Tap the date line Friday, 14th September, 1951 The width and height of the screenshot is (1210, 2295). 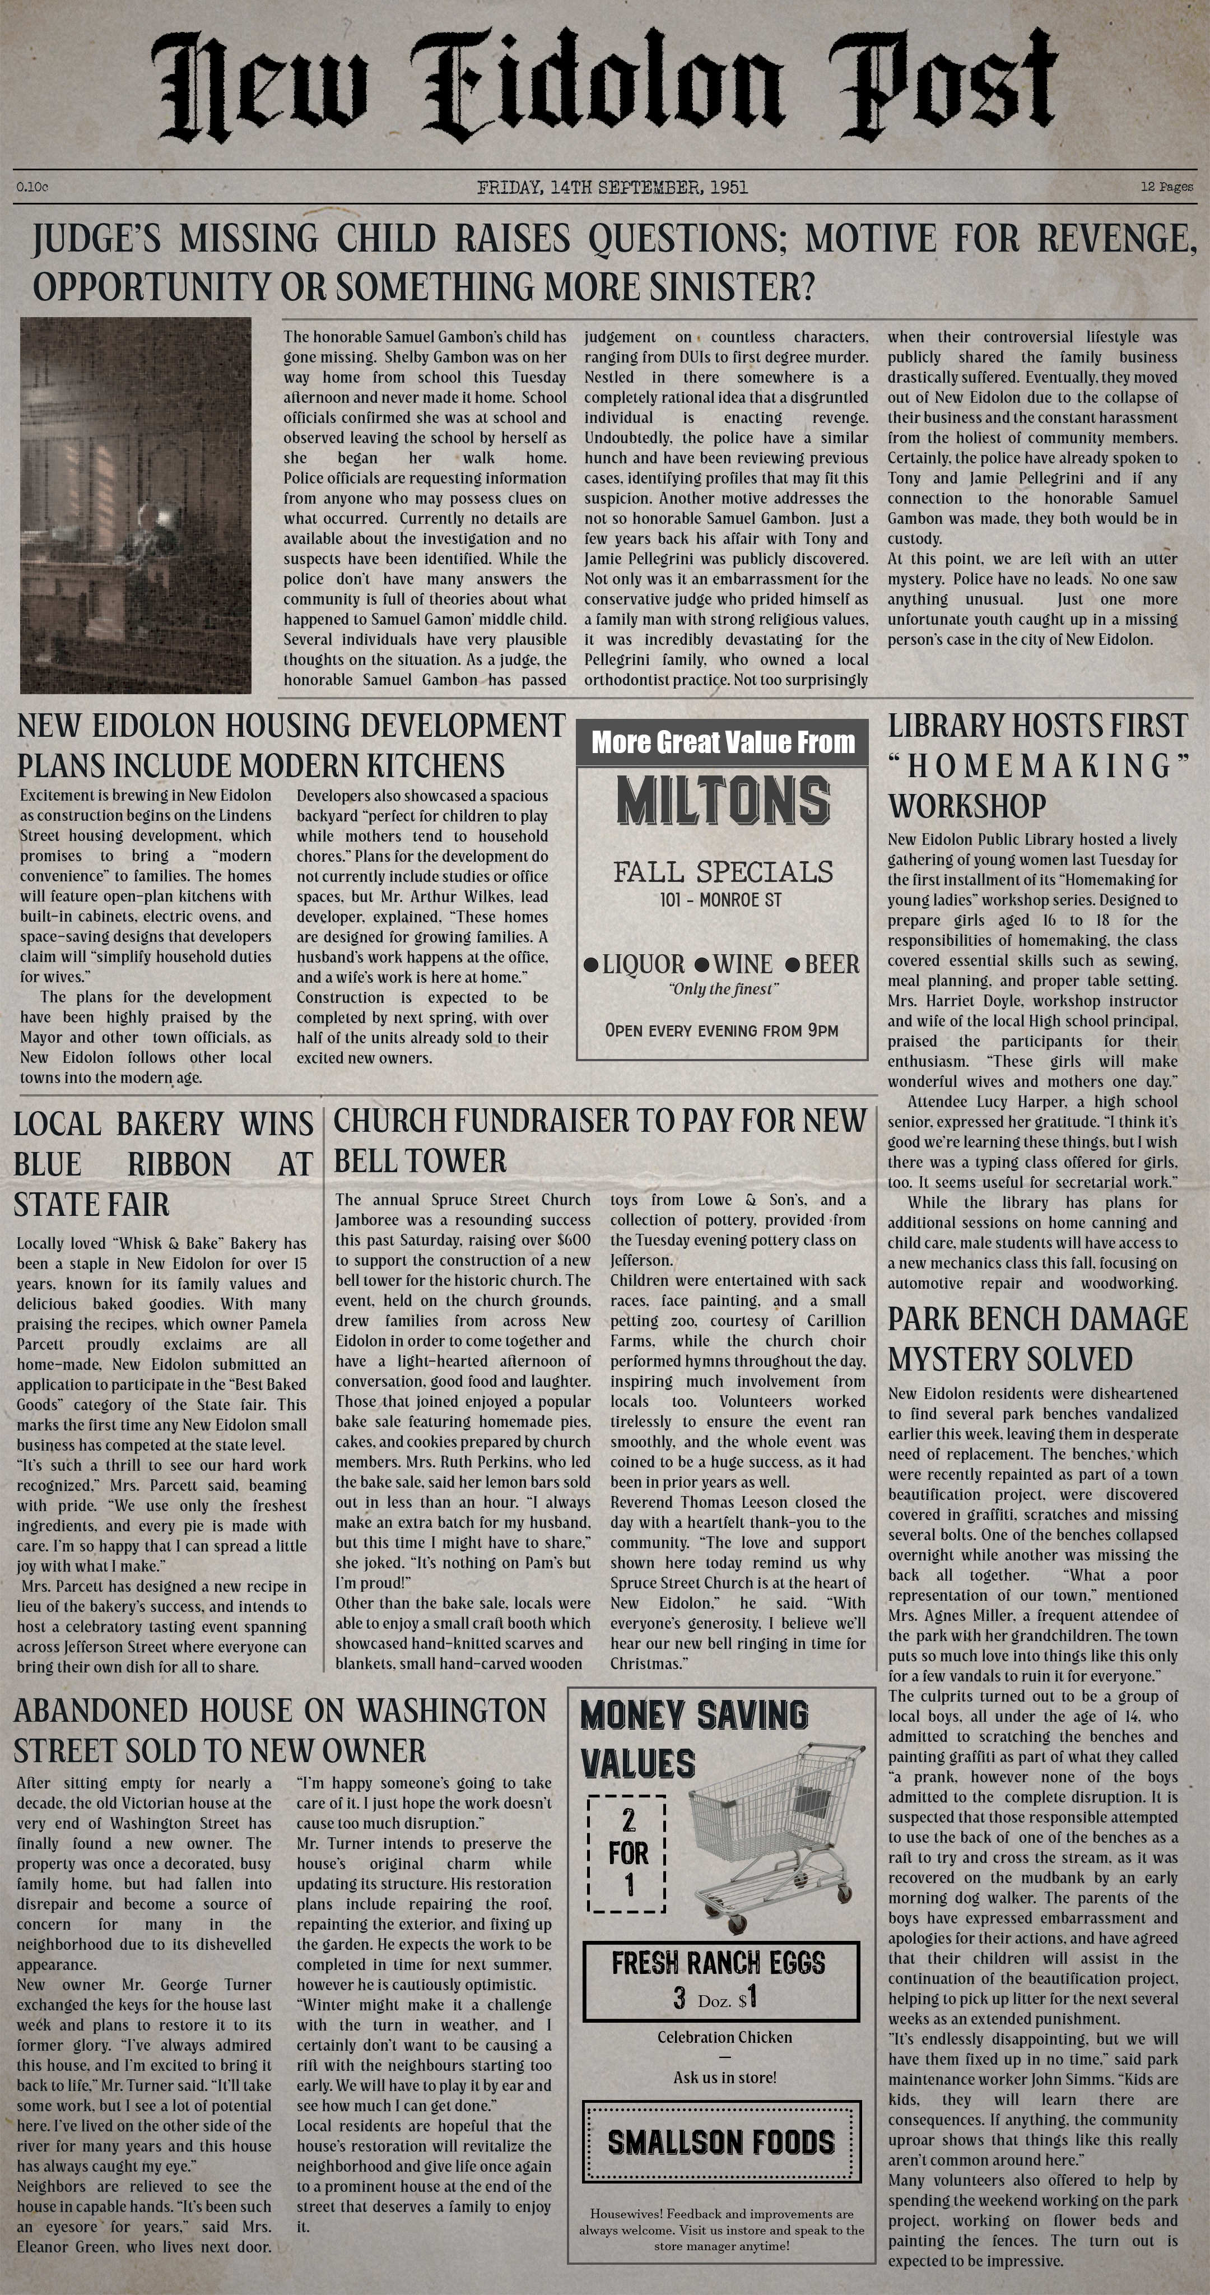612,187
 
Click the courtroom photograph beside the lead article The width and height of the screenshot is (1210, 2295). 136,505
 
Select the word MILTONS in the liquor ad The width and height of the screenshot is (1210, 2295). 723,801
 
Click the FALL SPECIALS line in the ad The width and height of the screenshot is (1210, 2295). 723,871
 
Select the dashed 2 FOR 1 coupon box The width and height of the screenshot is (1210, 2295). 628,1853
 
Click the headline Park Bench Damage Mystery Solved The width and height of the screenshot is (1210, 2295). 1037,1339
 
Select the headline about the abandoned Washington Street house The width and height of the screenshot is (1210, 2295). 279,1730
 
